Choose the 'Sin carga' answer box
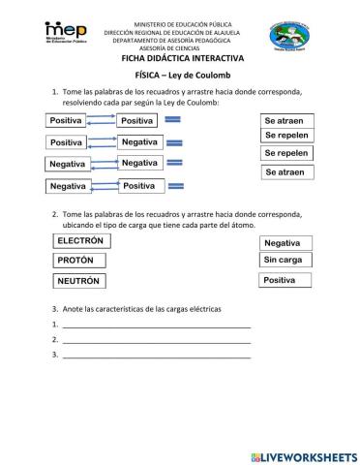point(287,261)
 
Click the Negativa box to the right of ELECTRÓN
point(287,243)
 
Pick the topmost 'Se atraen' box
point(287,120)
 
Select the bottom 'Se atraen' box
point(287,171)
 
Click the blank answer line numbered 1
point(156,325)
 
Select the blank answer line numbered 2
point(156,341)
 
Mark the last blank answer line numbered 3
point(156,356)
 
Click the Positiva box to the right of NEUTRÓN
point(287,280)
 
